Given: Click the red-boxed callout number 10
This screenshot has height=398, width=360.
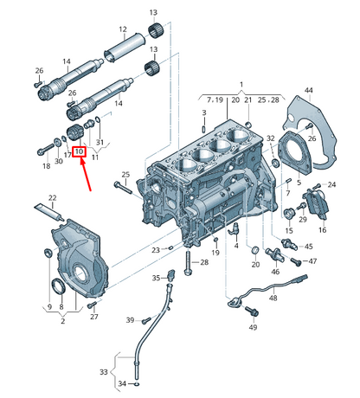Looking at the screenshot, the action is click(79, 151).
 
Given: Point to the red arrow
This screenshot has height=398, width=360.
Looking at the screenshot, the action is click(86, 174).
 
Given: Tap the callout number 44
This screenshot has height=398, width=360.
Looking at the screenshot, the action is click(308, 91).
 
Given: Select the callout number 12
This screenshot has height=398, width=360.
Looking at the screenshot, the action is click(123, 29).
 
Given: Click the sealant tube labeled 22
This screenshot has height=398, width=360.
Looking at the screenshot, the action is click(48, 212).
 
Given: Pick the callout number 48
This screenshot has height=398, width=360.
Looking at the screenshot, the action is click(273, 298).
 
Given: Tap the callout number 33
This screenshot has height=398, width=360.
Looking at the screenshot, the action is click(103, 372).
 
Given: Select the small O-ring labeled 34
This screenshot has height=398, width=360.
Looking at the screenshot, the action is click(137, 384).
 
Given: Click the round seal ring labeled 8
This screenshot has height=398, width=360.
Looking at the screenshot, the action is click(58, 286).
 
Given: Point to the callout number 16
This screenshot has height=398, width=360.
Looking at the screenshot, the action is click(322, 230).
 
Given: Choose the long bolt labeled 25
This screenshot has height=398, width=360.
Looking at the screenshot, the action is click(123, 187).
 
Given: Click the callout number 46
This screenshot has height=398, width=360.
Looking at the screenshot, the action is click(275, 272).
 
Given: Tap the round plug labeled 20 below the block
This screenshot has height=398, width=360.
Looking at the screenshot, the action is click(255, 250).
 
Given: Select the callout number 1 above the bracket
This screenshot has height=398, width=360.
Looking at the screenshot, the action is click(241, 85).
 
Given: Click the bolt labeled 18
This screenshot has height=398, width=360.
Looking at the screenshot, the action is click(46, 149).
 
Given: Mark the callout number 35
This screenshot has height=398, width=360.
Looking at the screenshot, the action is click(156, 278).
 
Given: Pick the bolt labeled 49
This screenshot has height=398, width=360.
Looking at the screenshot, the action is click(252, 311).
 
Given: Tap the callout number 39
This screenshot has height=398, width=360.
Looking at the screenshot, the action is click(130, 320).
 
